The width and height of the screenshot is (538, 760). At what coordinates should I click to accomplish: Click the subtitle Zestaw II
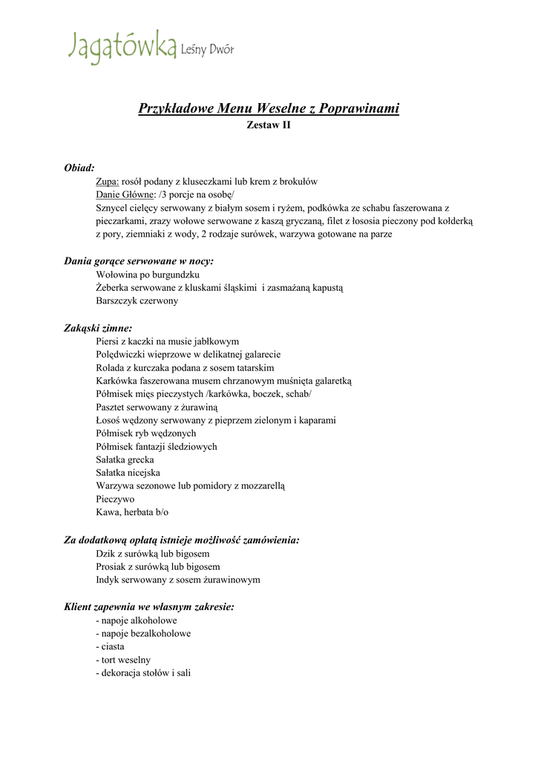pos(269,125)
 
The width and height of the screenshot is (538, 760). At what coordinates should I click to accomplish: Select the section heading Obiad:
pos(79,168)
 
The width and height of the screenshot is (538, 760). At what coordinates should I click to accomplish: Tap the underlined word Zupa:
pos(108,181)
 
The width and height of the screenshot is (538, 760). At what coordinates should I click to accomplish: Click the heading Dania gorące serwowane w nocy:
pos(139,261)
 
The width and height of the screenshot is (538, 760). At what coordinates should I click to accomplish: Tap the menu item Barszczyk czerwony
pos(137,301)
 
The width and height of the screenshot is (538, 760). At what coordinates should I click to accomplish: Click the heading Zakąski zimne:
pos(98,327)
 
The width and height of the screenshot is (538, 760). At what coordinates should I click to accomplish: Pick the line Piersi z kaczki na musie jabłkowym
pos(168,341)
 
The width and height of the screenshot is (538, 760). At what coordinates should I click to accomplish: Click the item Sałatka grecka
pos(125,460)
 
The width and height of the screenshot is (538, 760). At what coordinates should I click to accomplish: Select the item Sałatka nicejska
pos(128,473)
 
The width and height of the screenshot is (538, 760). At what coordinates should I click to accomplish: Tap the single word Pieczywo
pos(115,499)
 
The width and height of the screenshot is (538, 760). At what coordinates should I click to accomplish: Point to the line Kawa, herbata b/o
pos(132,513)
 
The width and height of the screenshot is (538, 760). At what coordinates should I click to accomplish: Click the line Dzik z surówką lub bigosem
pos(153,553)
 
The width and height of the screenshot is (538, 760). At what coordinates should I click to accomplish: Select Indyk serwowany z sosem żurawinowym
pos(178,580)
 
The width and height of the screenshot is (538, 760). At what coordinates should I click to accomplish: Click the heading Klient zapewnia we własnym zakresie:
pos(149,606)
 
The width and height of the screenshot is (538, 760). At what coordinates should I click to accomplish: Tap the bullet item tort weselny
pos(124,660)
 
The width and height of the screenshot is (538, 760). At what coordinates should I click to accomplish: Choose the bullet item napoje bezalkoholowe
pos(143,633)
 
